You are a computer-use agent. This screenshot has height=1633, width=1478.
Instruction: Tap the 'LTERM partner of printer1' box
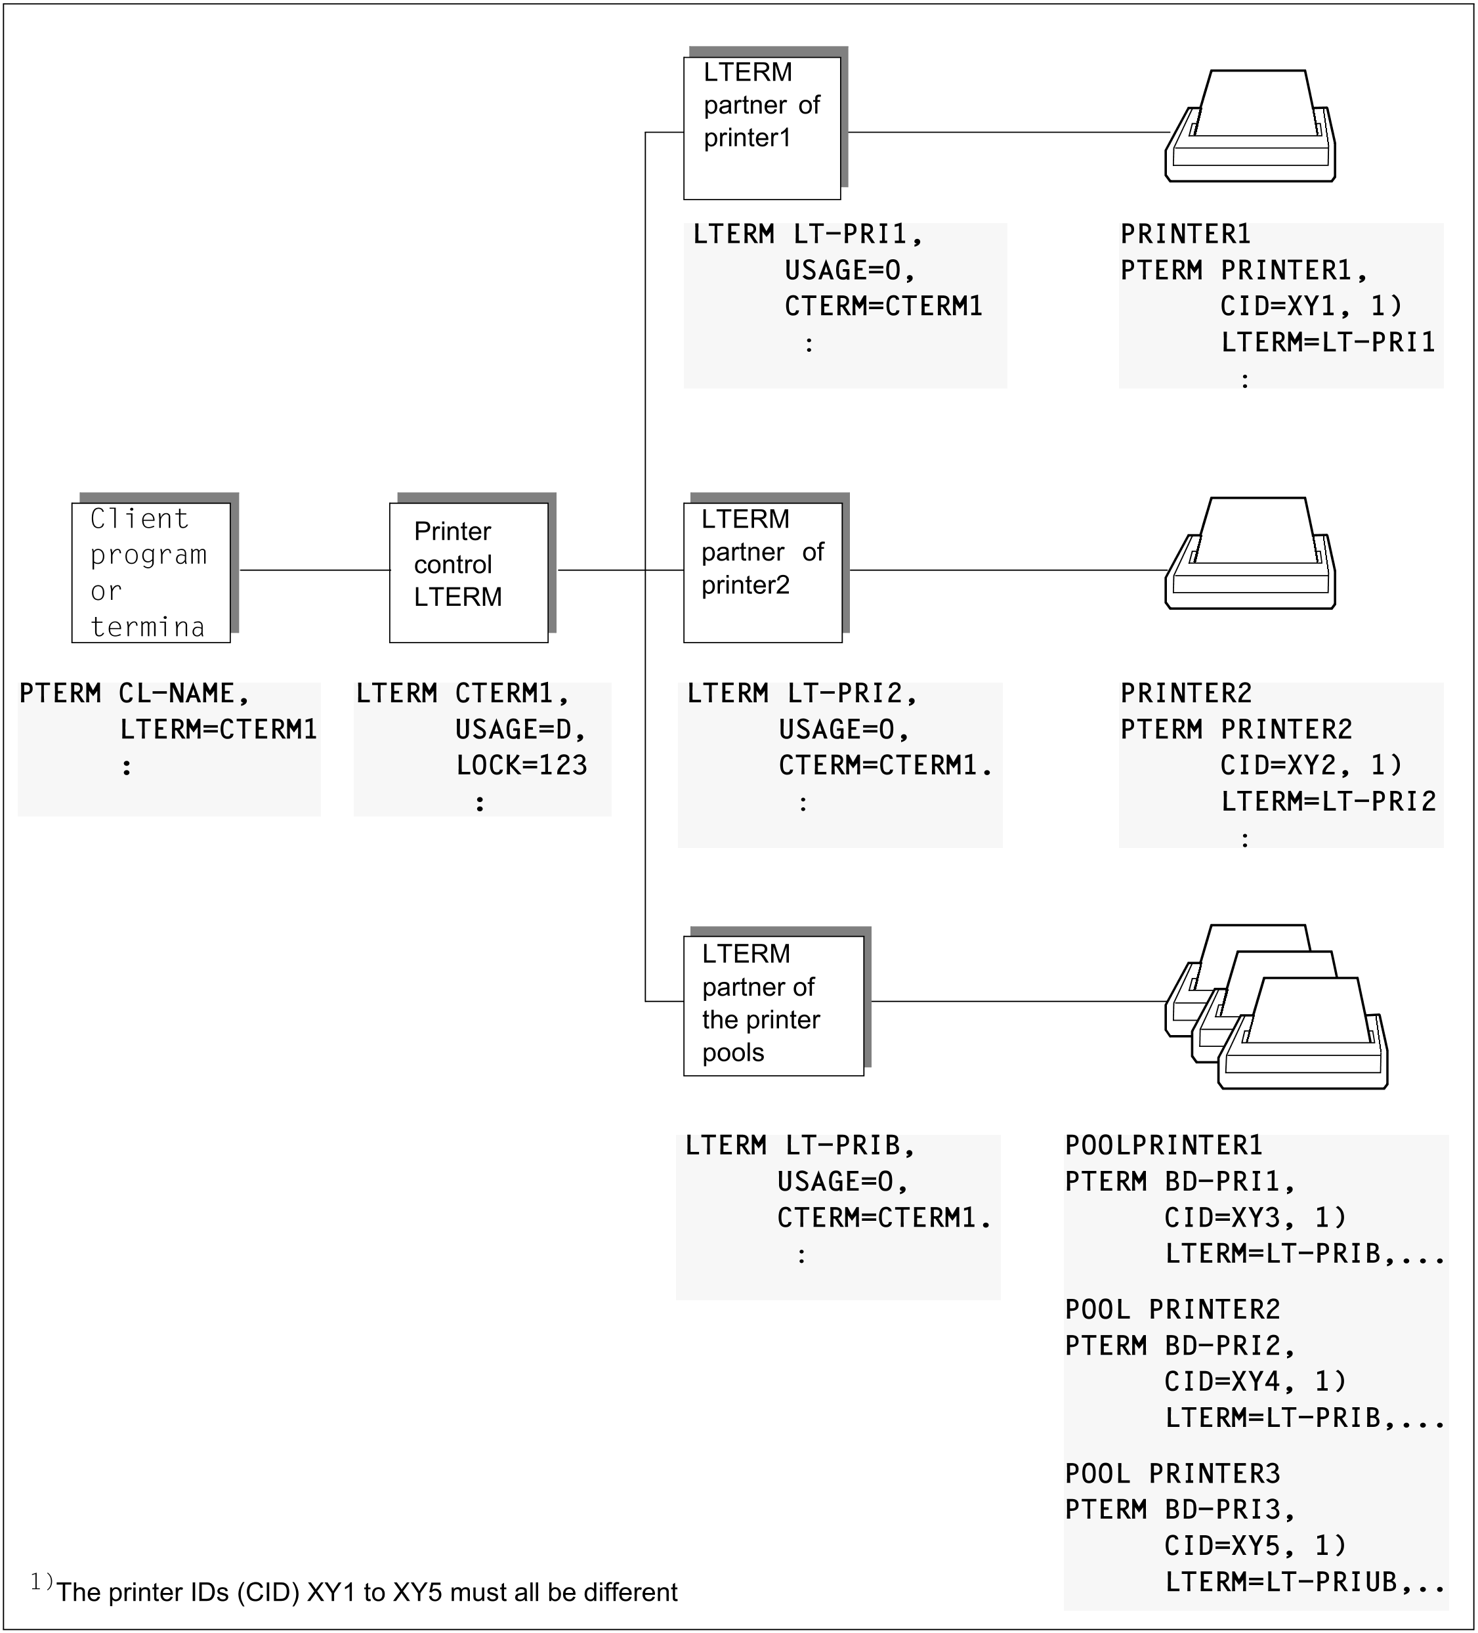pyautogui.click(x=761, y=127)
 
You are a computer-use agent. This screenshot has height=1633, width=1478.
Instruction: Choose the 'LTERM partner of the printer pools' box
pyautogui.click(x=773, y=1006)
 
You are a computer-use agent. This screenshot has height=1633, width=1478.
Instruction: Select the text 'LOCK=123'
pyautogui.click(x=522, y=765)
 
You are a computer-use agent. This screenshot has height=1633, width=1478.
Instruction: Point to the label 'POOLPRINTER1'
pyautogui.click(x=1164, y=1145)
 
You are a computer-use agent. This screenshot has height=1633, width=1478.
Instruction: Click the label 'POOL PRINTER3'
pyautogui.click(x=1172, y=1474)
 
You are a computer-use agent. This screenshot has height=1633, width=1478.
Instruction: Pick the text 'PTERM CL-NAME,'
pyautogui.click(x=135, y=693)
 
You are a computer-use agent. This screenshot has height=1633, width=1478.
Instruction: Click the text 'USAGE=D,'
pyautogui.click(x=520, y=730)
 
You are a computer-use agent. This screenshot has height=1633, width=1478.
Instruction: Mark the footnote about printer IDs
pyautogui.click(x=354, y=1592)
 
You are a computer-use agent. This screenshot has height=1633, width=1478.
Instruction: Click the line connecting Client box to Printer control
pyautogui.click(x=315, y=570)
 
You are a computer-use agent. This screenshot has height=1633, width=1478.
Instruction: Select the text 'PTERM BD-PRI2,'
pyautogui.click(x=1180, y=1346)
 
